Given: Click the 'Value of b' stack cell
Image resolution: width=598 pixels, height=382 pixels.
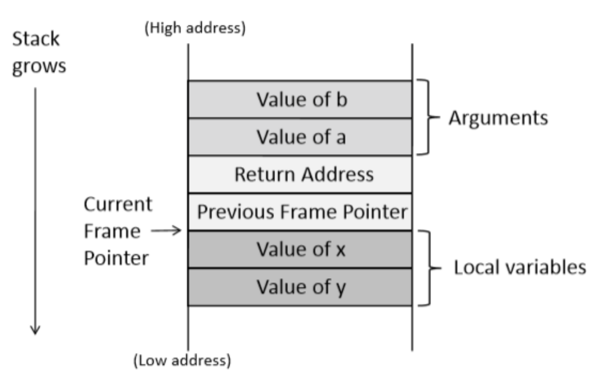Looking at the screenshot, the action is coord(300,99).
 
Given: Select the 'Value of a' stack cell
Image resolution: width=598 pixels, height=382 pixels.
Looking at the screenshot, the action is coord(300,137).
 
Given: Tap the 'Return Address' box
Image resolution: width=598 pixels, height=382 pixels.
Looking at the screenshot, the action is coord(300,174).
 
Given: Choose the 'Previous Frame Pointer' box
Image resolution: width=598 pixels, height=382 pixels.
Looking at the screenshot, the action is coord(300,212).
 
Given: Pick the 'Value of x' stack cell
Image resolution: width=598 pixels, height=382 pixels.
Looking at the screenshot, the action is coord(300,249).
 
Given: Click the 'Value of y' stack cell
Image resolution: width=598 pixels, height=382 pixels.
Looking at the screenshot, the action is coord(300,287).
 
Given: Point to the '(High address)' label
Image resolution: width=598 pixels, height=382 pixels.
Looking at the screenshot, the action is coord(195,28).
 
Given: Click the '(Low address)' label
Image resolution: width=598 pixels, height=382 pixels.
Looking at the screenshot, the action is coord(182,361).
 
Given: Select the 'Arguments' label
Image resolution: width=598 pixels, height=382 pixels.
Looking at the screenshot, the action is coord(498,118).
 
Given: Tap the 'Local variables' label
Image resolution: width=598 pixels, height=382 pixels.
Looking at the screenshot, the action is coord(520,267).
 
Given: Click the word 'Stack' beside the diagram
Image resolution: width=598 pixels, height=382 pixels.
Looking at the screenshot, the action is coord(36,39).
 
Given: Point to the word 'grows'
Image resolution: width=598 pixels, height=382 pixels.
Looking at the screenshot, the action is coord(39,67).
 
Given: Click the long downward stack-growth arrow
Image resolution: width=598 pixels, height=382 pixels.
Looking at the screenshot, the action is coord(35,211).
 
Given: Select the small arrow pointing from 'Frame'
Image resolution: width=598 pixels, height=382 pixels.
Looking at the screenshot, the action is coord(167,230).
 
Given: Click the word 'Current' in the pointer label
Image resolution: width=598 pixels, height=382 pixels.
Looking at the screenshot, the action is coord(118,204).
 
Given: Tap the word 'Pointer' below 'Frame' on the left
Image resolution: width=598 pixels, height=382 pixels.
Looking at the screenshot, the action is coord(116,258).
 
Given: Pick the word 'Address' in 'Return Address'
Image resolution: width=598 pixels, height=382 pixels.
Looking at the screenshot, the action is coord(338,174).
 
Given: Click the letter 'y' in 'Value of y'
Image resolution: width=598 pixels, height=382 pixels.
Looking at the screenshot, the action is coord(340,288).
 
